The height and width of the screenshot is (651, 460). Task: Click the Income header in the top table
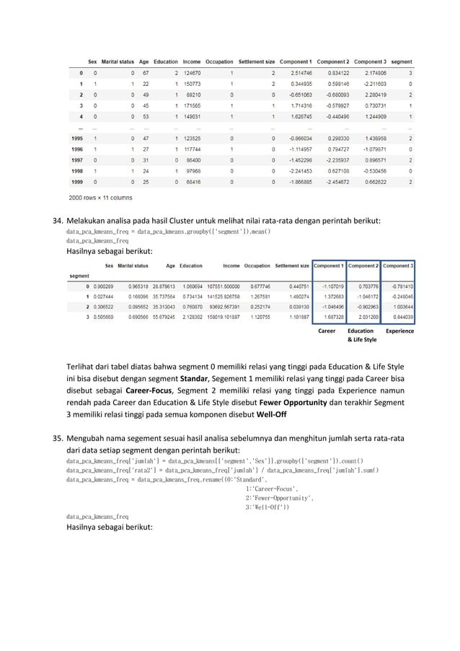pos(193,62)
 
